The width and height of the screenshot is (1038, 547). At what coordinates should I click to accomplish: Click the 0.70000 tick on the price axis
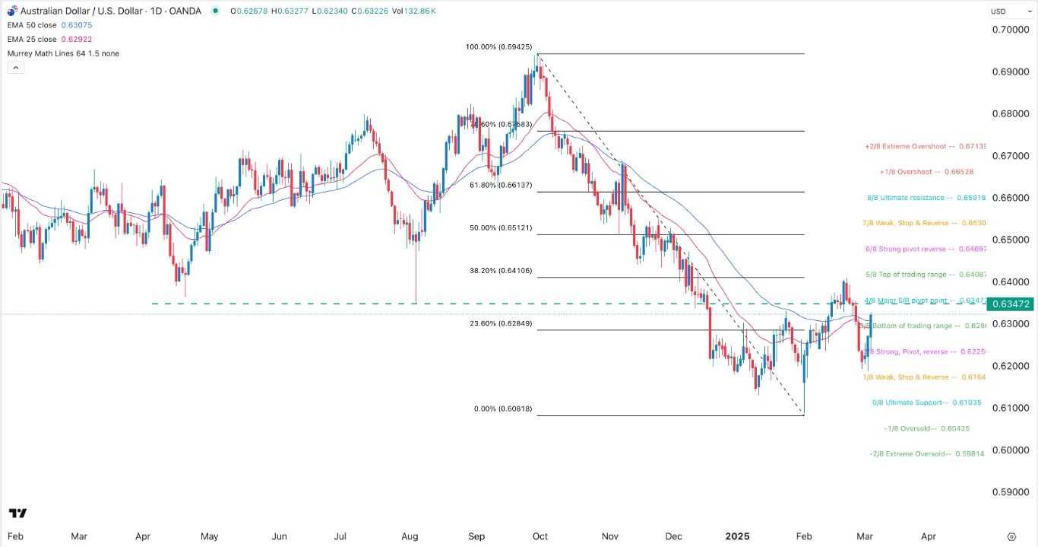click(1010, 30)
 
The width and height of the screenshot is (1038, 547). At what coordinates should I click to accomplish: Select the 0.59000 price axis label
click(1010, 491)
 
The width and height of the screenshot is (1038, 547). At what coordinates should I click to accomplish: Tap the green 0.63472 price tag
click(1010, 304)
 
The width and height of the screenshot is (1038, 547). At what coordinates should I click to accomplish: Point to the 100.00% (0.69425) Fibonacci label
click(498, 47)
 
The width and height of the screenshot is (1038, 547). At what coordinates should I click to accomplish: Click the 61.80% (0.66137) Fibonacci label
click(502, 185)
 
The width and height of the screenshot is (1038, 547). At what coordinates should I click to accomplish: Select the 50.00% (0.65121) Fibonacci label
click(502, 227)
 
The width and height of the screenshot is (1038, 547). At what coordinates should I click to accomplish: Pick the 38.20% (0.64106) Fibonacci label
click(502, 270)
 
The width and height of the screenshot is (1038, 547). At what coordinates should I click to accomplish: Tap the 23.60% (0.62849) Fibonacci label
click(502, 323)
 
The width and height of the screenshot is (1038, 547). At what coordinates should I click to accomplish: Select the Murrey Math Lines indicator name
click(63, 53)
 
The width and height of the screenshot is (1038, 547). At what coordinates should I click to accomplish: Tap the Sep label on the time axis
click(476, 536)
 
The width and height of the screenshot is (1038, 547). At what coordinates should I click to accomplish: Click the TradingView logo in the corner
click(18, 514)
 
